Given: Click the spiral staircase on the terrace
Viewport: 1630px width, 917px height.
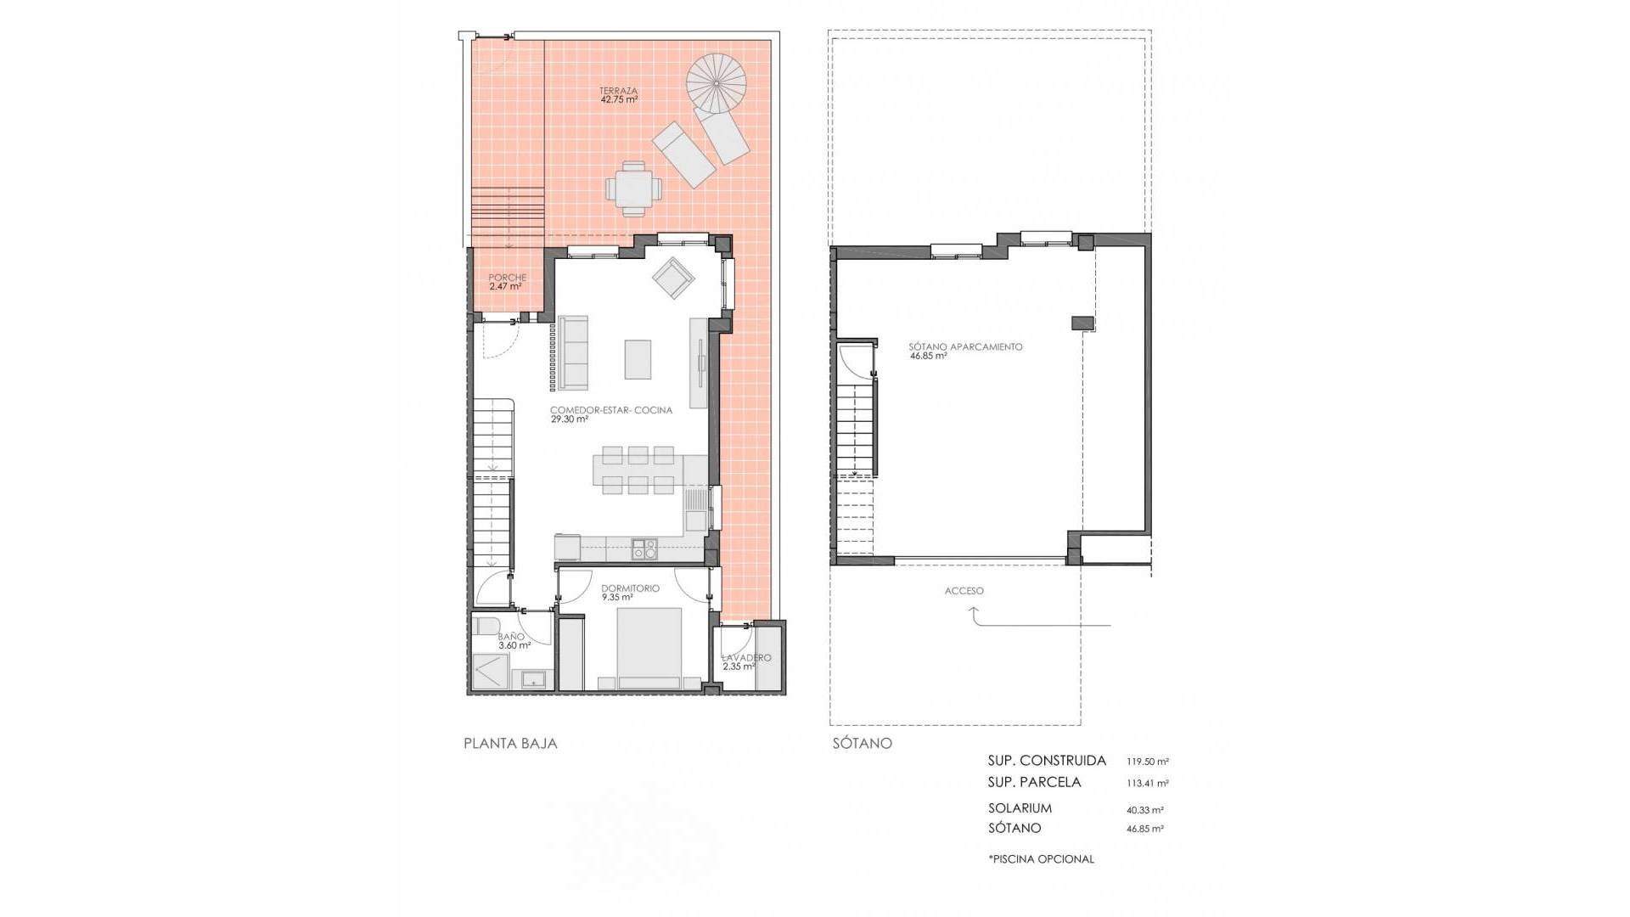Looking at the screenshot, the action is pyautogui.click(x=716, y=82).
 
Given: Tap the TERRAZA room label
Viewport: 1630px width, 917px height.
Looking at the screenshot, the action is pyautogui.click(x=618, y=91).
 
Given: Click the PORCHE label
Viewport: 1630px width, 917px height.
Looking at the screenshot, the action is pyautogui.click(x=508, y=278).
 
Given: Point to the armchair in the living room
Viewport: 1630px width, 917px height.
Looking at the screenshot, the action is pyautogui.click(x=674, y=278).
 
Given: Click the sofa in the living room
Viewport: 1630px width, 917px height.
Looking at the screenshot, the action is pyautogui.click(x=574, y=353).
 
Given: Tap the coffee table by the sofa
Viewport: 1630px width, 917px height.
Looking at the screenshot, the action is pyautogui.click(x=638, y=359).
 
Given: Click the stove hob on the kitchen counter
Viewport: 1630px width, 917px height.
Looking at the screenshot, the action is pyautogui.click(x=644, y=549).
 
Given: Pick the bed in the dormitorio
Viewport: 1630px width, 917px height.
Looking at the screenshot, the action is pyautogui.click(x=649, y=648).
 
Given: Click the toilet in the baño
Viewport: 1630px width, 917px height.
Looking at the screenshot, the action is pyautogui.click(x=486, y=627).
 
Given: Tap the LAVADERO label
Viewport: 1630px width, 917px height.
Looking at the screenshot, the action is pyautogui.click(x=746, y=658).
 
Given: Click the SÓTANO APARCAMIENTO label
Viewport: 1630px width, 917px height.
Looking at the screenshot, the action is pyautogui.click(x=965, y=346).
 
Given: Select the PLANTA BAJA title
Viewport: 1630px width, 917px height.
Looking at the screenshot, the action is pyautogui.click(x=510, y=743).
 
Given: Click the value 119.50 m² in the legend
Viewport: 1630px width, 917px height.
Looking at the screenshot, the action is pyautogui.click(x=1148, y=762).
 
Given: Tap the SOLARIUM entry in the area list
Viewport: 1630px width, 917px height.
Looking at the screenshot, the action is pyautogui.click(x=1020, y=808).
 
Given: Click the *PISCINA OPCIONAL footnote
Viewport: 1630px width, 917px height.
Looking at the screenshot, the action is pyautogui.click(x=1041, y=858).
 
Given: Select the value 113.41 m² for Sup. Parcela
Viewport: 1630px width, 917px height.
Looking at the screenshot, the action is pyautogui.click(x=1148, y=784).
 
